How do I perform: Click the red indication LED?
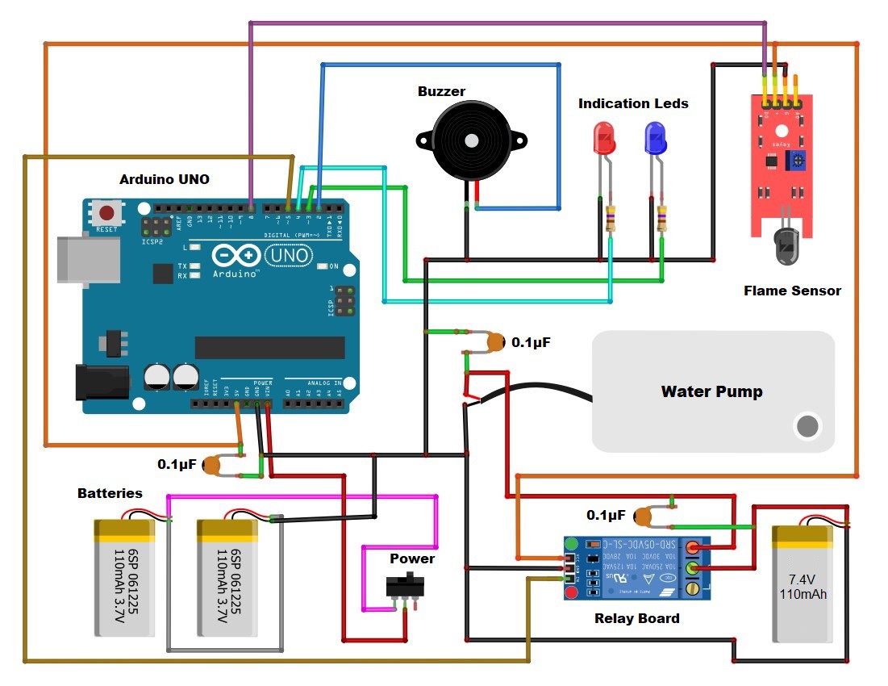pos(603,139)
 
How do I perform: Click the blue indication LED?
pos(654,139)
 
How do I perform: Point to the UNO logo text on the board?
pos(288,256)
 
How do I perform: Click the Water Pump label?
pos(711,392)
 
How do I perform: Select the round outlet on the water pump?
pos(806,425)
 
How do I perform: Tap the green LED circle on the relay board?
pos(572,544)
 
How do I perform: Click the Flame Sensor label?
pos(791,291)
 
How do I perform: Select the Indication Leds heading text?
pos(633,103)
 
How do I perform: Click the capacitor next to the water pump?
pos(495,343)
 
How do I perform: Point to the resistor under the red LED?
pos(611,218)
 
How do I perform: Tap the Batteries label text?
pos(110,493)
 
